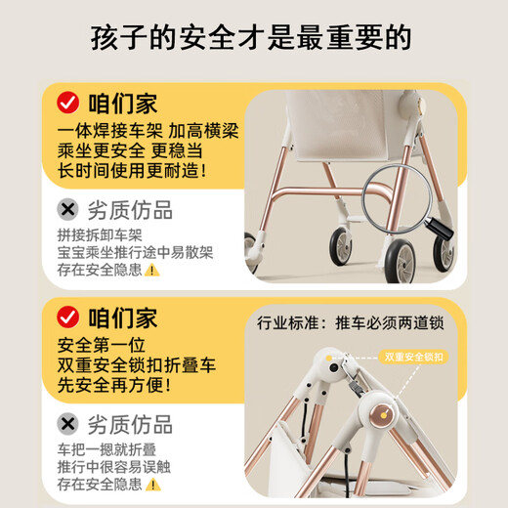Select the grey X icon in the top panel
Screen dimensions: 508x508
(67, 209)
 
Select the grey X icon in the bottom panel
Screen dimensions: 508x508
(67, 423)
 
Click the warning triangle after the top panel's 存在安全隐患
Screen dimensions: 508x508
(151, 270)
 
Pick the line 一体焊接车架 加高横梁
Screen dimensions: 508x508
(141, 130)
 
